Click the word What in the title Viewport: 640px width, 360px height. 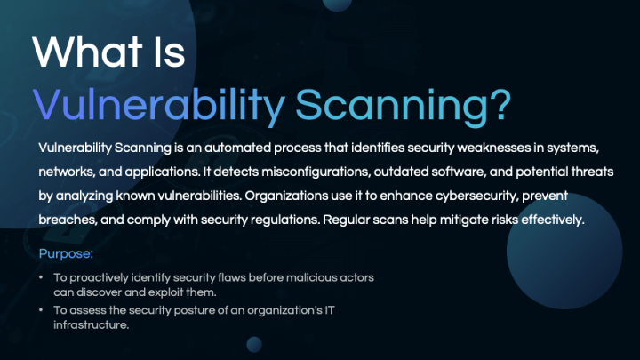[87, 52]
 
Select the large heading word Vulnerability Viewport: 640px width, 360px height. [159, 105]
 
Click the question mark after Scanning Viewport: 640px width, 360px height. [500, 104]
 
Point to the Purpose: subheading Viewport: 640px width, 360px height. [66, 254]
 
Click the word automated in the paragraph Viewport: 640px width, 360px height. [237, 148]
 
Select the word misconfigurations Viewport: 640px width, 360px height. [316, 172]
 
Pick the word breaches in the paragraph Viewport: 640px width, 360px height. [68, 220]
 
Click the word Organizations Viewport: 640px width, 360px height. [286, 196]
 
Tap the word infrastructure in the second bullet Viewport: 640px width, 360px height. [91, 325]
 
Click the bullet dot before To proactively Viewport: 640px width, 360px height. [41, 277]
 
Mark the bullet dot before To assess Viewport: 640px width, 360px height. [41, 310]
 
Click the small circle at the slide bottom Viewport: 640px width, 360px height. [254, 345]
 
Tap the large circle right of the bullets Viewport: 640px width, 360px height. [564, 251]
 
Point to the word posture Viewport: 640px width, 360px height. [195, 310]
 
